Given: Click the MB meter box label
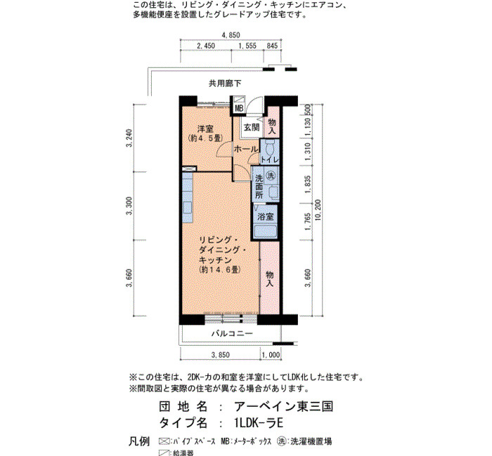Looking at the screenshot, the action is (239, 109).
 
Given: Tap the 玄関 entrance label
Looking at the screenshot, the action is (252, 128).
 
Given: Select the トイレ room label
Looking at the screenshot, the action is (270, 159).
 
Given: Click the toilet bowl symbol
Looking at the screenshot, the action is (269, 147).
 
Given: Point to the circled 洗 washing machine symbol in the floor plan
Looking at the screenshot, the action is (271, 175).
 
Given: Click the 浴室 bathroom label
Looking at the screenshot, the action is (265, 216).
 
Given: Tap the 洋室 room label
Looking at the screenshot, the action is (205, 128).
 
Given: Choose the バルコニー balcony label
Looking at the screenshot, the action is (232, 333).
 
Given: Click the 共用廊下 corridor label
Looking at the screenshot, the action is (225, 83).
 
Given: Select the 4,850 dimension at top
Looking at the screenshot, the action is (231, 35).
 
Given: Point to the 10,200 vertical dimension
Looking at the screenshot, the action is (318, 210).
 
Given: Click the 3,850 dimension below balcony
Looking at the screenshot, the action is (220, 355).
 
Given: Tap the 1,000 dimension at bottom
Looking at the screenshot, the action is (271, 355).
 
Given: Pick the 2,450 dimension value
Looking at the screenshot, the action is (206, 46).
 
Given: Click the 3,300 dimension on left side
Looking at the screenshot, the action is (129, 206).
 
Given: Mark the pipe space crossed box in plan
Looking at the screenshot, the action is (189, 169).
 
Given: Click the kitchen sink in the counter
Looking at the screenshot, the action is (187, 208).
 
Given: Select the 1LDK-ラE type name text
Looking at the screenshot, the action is (259, 423).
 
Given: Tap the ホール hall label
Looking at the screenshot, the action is (246, 149).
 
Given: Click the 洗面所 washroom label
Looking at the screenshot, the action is (259, 187).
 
